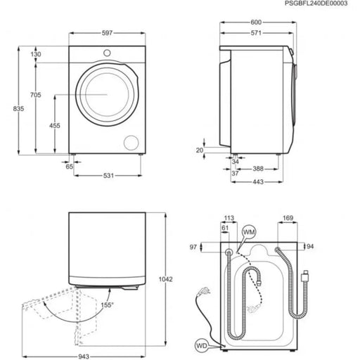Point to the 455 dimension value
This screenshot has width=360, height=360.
click(x=55, y=124)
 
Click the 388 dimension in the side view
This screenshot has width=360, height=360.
click(x=258, y=168)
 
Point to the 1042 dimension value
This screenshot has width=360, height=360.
click(x=176, y=279)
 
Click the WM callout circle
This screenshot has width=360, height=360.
click(x=248, y=231)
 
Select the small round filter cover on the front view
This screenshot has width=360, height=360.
click(x=131, y=142)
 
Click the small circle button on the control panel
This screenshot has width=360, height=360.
click(x=106, y=53)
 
